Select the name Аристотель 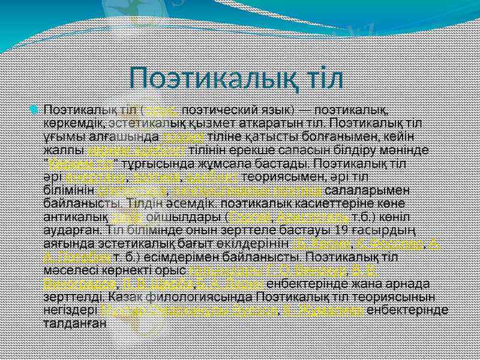tap(304, 217)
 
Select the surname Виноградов tap(78, 283)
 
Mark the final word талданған tap(75, 323)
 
